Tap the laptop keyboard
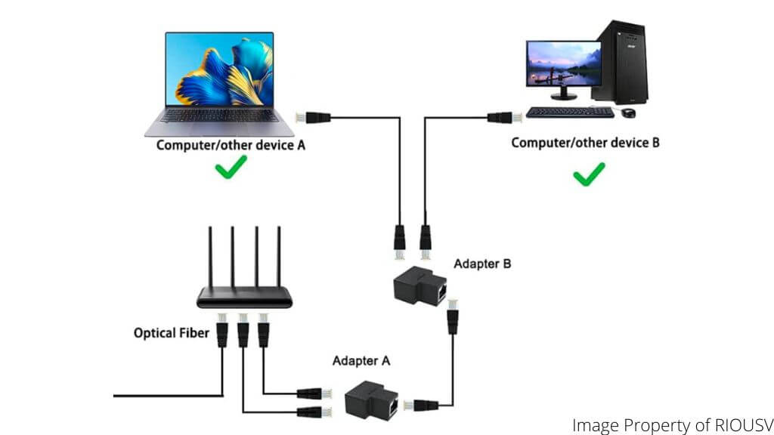pyautogui.click(x=216, y=116)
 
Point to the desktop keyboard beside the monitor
pyautogui.click(x=570, y=112)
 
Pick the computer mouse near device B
pyautogui.click(x=628, y=113)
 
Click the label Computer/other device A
pyautogui.click(x=231, y=145)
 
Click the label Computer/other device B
pyautogui.click(x=585, y=142)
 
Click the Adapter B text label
pyautogui.click(x=481, y=264)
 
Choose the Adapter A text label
pyautogui.click(x=361, y=361)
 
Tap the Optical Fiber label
pyautogui.click(x=171, y=332)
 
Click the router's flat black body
pyautogui.click(x=244, y=298)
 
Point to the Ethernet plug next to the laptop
pyautogui.click(x=312, y=117)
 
